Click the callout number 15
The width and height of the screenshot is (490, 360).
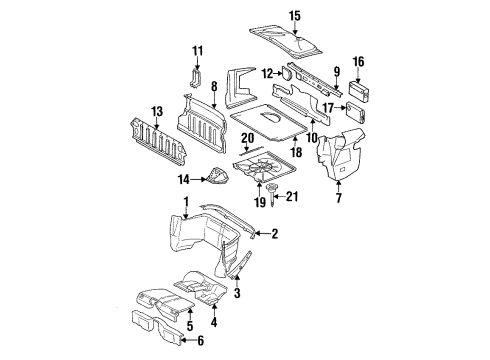[x=295, y=16]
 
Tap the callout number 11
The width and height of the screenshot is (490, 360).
[x=197, y=51]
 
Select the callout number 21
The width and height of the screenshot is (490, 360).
[x=292, y=197]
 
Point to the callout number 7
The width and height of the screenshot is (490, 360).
[x=339, y=198]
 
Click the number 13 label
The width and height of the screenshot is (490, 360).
[x=157, y=111]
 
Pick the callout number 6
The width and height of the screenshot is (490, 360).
[x=200, y=341]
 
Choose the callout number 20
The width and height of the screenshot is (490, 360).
[x=248, y=138]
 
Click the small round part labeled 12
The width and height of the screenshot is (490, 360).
[x=286, y=73]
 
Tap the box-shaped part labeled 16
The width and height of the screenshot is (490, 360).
[x=359, y=91]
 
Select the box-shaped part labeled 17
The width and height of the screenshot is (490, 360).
[x=356, y=113]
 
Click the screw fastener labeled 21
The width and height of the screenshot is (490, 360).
[x=272, y=194]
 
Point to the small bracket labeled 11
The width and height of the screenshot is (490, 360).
[x=196, y=78]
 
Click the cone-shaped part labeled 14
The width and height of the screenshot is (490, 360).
[x=217, y=176]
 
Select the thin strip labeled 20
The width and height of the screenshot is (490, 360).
[x=252, y=151]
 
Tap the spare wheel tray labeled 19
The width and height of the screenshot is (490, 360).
[x=263, y=167]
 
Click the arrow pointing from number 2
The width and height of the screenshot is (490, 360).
[x=262, y=234]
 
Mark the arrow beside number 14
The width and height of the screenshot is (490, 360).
[x=199, y=180]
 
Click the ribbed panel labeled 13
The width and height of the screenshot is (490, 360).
[x=158, y=142]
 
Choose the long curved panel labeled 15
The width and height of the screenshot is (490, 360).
[x=286, y=41]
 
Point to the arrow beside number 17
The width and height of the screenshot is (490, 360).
[x=340, y=108]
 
